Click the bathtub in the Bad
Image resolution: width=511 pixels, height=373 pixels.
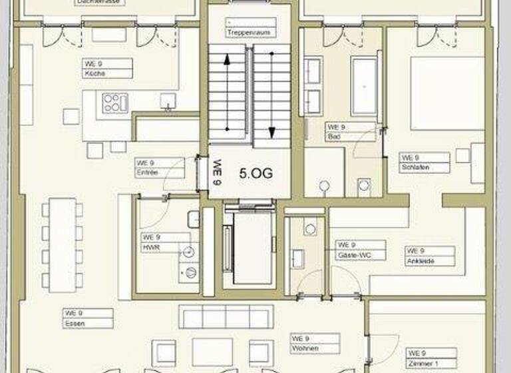pos(364,87)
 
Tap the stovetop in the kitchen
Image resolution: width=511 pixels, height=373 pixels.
pos(114,103)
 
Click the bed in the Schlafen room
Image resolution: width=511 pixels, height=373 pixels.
pos(446,93)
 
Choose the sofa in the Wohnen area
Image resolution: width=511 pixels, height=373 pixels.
pos(226,317)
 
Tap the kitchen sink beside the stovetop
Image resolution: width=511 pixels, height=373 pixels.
pos(167,101)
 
